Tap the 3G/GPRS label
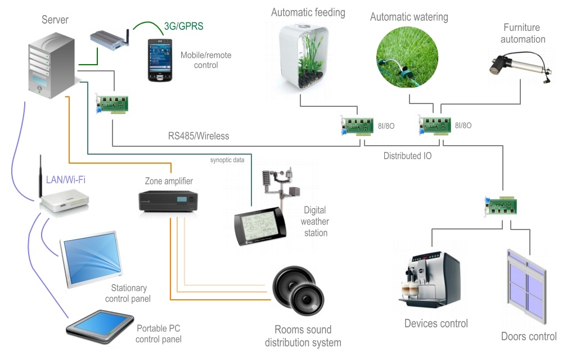tap(183, 26)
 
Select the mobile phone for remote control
tap(159, 60)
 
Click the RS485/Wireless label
tap(199, 136)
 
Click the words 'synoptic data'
tap(227, 160)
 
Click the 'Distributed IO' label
tap(408, 156)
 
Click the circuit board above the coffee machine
tap(500, 206)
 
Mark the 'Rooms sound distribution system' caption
tap(303, 336)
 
